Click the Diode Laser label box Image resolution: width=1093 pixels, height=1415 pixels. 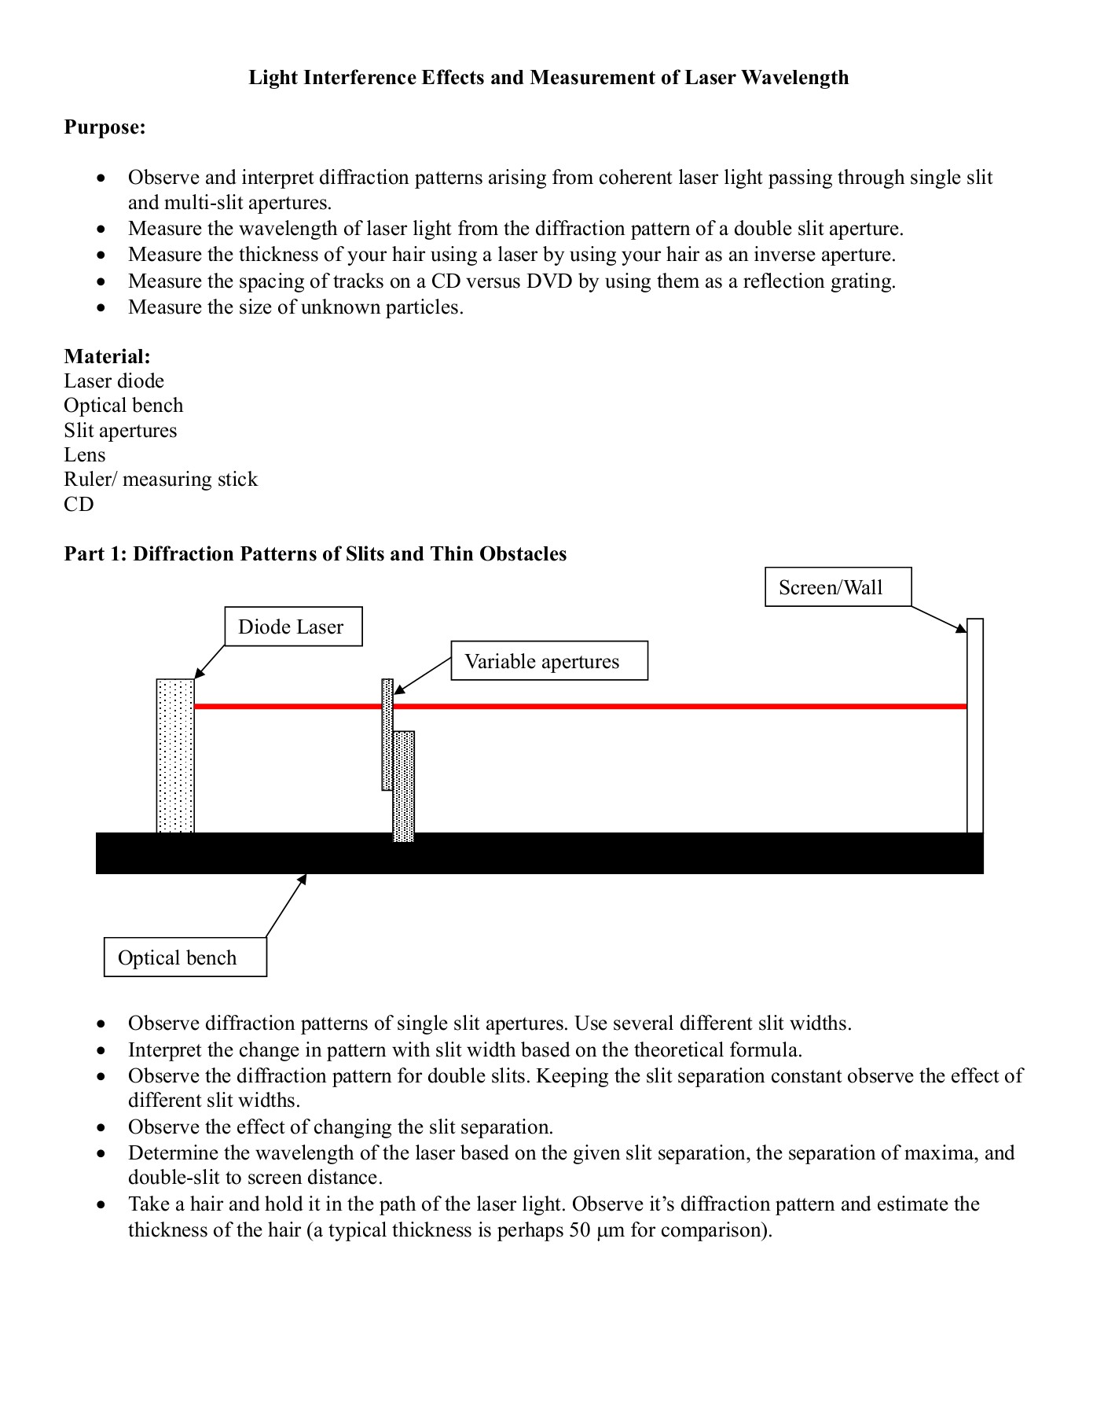point(293,627)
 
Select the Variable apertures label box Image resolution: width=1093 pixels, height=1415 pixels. point(548,661)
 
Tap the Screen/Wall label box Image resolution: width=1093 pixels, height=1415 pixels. point(838,587)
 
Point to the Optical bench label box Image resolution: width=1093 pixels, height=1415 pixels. point(185,957)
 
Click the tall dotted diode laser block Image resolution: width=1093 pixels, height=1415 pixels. point(175,755)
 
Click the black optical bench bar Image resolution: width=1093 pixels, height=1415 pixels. point(539,853)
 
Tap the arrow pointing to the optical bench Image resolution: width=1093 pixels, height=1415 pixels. point(286,905)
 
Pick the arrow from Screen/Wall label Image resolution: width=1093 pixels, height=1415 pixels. point(940,619)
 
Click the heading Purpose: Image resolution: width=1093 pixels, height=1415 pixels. point(105,127)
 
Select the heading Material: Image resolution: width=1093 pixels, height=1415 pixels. point(107,357)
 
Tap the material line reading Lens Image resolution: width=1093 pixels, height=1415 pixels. point(85,455)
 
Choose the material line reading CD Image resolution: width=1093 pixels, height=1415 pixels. point(79,505)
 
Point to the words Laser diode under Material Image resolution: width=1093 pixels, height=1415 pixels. point(114,381)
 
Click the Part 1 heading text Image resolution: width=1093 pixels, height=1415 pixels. point(315,554)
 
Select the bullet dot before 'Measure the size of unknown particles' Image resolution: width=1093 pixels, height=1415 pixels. point(101,308)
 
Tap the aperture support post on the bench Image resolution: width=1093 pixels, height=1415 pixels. point(403,786)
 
